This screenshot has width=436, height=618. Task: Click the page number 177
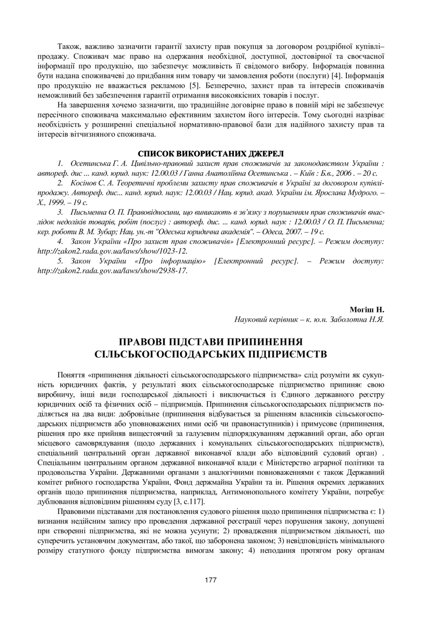coord(211,580)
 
